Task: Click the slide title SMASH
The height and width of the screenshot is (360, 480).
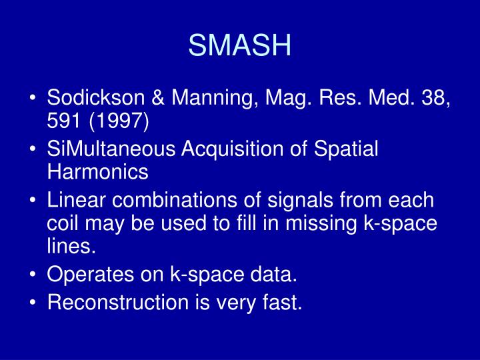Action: (x=240, y=45)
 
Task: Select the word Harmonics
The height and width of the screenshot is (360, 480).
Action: (x=97, y=173)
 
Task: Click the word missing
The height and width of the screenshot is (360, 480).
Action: (x=317, y=223)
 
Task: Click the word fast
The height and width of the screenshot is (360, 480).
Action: (x=282, y=303)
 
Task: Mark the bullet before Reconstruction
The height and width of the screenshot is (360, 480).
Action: (x=33, y=303)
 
